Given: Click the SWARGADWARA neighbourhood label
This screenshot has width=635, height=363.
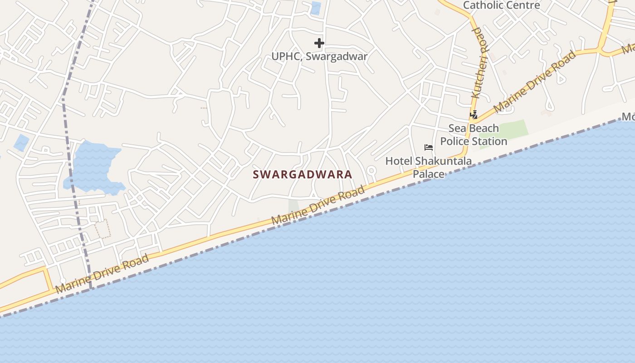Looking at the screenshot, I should (x=302, y=174).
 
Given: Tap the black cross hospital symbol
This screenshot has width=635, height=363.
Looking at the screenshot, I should (x=319, y=43).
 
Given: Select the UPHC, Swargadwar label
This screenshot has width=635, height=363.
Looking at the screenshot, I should (x=319, y=56).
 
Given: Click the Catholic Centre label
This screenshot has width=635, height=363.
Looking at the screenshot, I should (x=501, y=5).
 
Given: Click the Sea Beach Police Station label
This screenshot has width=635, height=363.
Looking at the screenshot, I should (x=474, y=135).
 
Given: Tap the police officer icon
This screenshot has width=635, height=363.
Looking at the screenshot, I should (x=474, y=115).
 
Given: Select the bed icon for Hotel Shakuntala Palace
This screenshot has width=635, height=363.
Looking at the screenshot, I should (x=428, y=147).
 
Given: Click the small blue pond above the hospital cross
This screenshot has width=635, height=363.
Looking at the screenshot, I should (x=315, y=8).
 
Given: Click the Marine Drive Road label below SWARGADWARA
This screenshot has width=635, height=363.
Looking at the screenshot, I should (x=318, y=205).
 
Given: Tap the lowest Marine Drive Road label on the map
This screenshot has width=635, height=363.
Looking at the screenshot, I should (x=102, y=274).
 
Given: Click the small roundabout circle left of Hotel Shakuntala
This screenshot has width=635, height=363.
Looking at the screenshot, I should (x=371, y=171).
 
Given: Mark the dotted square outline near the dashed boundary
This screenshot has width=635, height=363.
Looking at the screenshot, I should (x=103, y=229).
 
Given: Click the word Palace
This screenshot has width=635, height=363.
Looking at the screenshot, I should (x=428, y=174).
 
